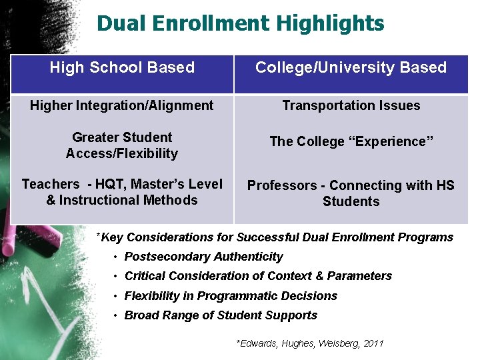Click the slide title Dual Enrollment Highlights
coord(240,23)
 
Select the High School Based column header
coord(122,67)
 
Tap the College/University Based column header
coord(351,67)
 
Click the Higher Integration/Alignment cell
coord(122,105)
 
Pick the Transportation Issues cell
coord(351,105)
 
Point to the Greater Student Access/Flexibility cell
coord(122,145)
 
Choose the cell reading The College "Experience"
coord(351,141)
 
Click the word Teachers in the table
coord(50,184)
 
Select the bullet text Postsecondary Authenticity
coord(204,257)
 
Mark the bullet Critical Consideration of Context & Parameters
coord(258,276)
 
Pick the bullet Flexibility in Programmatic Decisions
coord(231,296)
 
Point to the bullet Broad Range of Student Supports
coord(221,315)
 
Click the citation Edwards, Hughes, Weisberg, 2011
coord(310,343)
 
